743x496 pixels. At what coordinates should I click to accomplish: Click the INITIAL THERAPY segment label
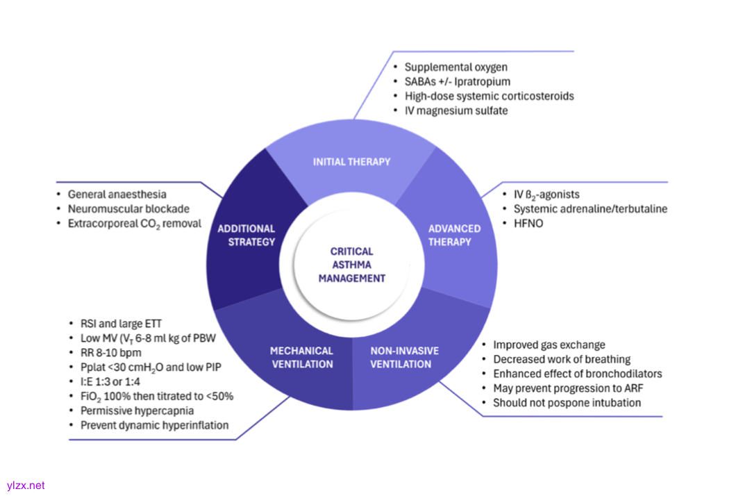pos(351,162)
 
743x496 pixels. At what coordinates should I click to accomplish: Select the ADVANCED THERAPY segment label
pos(454,235)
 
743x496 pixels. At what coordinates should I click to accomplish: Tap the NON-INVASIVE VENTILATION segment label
pos(404,357)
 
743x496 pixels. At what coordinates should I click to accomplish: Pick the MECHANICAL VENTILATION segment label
pos(301,357)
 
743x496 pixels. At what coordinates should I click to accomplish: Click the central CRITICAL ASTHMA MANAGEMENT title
pos(351,265)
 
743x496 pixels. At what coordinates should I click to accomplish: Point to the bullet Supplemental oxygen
pos(456,67)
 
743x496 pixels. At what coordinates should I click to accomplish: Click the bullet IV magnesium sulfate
pos(456,110)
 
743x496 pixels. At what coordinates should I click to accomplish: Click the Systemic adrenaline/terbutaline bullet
pos(590,208)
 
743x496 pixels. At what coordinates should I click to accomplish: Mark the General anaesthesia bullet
pos(117,195)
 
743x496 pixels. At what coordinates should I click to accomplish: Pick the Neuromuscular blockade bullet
pos(128,208)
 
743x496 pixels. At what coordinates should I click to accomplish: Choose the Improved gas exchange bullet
pos(549,345)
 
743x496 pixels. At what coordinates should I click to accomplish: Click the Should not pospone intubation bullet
pos(567,403)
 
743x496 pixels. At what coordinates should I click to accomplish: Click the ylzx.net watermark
pos(26,486)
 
